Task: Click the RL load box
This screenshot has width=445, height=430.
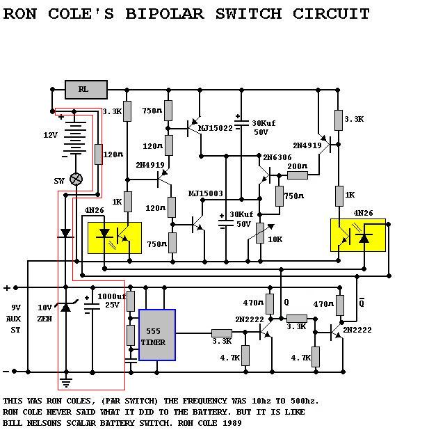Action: [86, 90]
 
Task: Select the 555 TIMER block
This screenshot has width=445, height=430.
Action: [157, 335]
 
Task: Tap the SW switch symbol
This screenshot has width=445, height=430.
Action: [76, 179]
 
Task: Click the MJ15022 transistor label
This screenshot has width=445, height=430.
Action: [216, 129]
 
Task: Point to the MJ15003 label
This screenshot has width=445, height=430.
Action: [206, 193]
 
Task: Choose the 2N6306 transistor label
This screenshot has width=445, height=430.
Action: [277, 157]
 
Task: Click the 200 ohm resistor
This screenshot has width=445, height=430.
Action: [298, 175]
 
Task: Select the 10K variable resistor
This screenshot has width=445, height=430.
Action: [260, 233]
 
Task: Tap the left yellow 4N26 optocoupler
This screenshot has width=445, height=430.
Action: [115, 238]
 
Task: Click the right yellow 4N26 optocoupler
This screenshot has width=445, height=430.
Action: [358, 235]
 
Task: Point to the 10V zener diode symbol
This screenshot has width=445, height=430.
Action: [66, 307]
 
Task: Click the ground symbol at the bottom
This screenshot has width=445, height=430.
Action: [66, 383]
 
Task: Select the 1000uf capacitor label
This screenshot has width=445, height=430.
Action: [111, 296]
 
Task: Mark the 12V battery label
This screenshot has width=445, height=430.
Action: [51, 135]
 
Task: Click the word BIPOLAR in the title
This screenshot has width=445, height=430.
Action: [165, 14]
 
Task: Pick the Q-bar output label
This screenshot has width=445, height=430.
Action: [362, 303]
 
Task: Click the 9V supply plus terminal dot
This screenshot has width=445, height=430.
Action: [15, 288]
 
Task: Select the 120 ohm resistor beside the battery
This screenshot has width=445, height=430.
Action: [99, 154]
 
